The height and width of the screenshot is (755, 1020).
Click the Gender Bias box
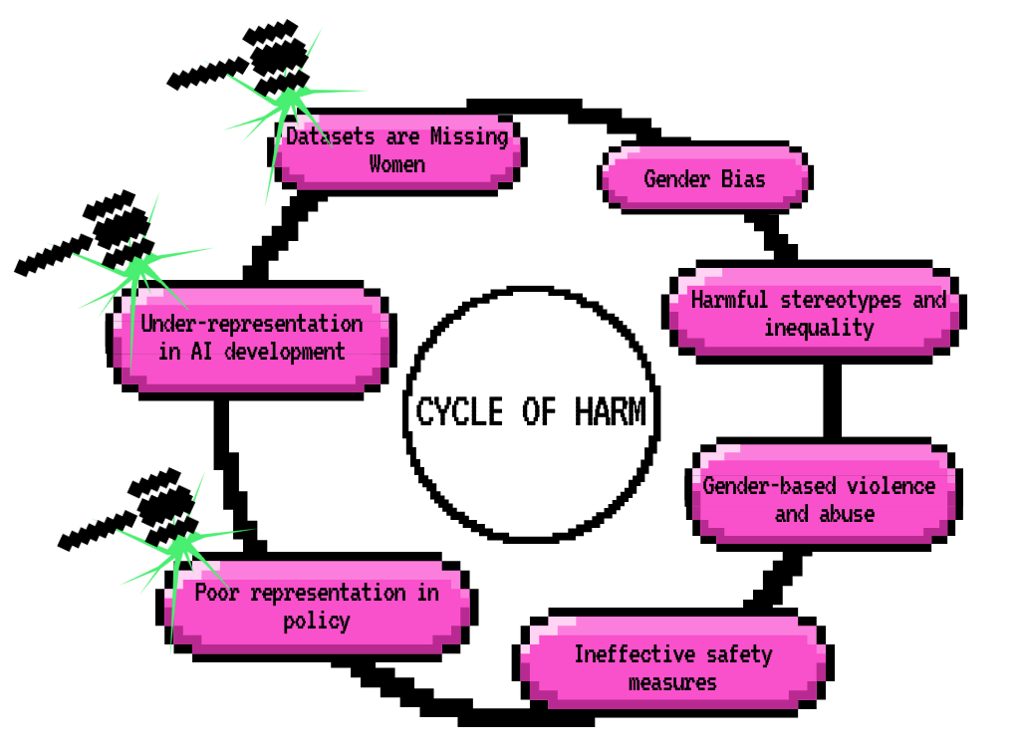(x=705, y=178)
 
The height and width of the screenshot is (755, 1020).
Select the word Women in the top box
(x=397, y=164)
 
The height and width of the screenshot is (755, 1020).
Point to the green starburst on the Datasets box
(x=288, y=101)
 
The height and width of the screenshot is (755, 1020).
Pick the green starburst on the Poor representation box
(x=180, y=548)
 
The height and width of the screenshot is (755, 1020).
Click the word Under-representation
(x=251, y=324)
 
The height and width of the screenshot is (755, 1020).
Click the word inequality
(x=819, y=328)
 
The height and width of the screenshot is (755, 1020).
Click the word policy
(x=317, y=621)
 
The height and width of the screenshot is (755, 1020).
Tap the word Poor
(x=218, y=593)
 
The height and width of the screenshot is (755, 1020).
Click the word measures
(x=672, y=682)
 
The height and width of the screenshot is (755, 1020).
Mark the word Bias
(x=743, y=179)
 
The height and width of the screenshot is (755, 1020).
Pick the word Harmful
(x=730, y=300)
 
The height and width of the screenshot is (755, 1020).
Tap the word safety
(x=739, y=654)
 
